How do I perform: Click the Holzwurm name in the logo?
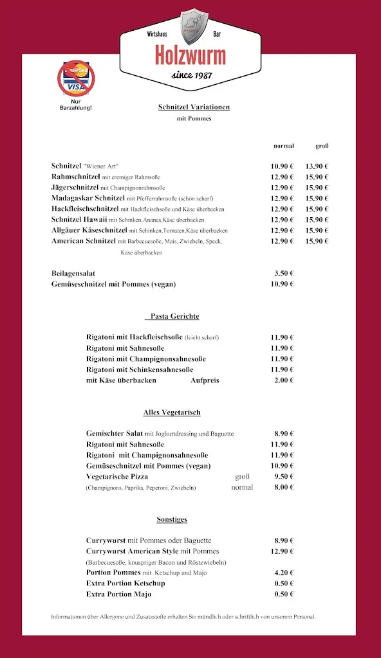[190, 57]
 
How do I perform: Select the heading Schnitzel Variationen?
[194, 107]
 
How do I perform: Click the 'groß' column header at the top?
[322, 146]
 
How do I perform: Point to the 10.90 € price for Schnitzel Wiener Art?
[281, 166]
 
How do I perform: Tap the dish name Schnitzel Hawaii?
[79, 220]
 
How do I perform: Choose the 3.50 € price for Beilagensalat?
[283, 273]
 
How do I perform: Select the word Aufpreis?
[205, 380]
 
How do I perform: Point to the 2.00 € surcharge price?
[283, 380]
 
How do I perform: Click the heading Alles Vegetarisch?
[172, 413]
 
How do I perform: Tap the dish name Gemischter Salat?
[115, 434]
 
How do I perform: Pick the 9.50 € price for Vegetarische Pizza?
[283, 477]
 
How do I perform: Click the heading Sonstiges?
[172, 519]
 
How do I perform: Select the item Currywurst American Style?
[132, 551]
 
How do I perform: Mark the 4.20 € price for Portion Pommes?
[283, 573]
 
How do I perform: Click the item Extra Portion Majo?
[118, 594]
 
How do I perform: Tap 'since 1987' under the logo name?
[191, 75]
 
